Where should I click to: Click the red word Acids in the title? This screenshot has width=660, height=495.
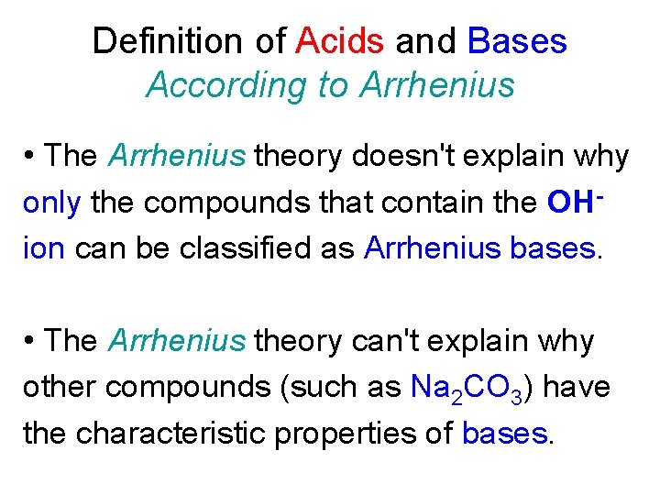(340, 41)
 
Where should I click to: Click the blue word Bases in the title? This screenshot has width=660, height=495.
(517, 41)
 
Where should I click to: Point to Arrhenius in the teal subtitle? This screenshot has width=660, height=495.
(437, 85)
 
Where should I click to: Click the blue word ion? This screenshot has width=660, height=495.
(43, 247)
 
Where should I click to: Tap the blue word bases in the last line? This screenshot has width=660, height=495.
(505, 433)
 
